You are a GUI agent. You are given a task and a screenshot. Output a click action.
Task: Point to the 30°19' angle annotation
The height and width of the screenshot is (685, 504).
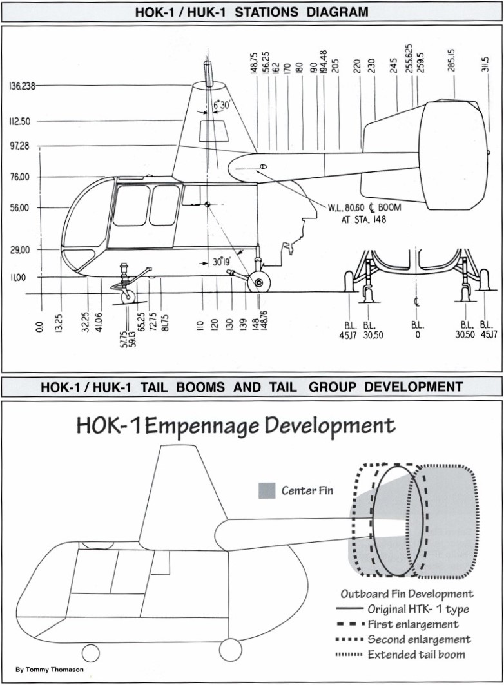pos(222,262)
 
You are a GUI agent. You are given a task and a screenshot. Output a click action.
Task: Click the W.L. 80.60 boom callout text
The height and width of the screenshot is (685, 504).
pos(364,213)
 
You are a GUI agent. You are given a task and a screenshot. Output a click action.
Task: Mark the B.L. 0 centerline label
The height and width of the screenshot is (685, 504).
pos(417,331)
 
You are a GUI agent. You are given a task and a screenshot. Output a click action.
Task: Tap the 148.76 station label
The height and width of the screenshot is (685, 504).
pos(263,322)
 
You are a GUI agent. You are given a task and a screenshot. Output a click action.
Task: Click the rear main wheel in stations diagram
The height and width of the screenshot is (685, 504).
pos(258,283)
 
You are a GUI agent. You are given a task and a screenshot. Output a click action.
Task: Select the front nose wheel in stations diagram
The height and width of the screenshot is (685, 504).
pos(128,296)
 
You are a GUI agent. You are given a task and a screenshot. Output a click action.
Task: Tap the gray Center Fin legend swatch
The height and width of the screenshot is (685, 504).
pos(267,490)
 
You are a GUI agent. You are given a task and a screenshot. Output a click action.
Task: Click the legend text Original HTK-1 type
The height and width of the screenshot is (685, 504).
pos(418,609)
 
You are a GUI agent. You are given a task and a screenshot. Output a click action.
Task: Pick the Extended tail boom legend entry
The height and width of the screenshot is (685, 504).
pos(400,655)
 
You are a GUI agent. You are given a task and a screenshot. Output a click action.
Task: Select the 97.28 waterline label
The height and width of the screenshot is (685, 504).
pos(19,146)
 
